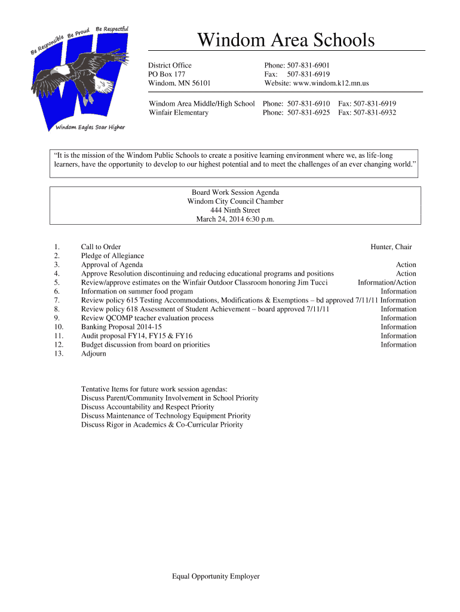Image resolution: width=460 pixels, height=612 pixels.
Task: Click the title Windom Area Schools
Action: coord(286,41)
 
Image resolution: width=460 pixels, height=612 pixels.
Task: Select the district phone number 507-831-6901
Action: coord(309,65)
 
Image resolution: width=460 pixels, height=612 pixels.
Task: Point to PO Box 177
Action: coord(167,74)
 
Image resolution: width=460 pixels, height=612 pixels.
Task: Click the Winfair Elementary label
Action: coord(179,112)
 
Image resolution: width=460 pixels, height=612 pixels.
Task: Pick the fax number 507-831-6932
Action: coord(376,112)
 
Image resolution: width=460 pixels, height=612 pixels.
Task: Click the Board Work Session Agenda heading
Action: coord(235,192)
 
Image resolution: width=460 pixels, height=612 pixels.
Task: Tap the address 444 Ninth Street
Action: coord(235,210)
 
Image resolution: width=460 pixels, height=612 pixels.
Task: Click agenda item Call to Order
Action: coord(101,247)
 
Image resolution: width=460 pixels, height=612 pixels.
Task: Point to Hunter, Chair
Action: coord(391,247)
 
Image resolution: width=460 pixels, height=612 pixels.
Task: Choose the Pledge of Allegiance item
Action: coord(112,256)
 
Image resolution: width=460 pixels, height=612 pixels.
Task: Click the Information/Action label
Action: coord(387,283)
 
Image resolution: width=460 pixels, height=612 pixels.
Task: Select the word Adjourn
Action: coord(94,354)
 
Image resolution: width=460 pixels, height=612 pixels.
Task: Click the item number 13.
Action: coord(59,354)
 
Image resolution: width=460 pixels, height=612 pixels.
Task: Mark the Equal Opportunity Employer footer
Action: coord(216,577)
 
